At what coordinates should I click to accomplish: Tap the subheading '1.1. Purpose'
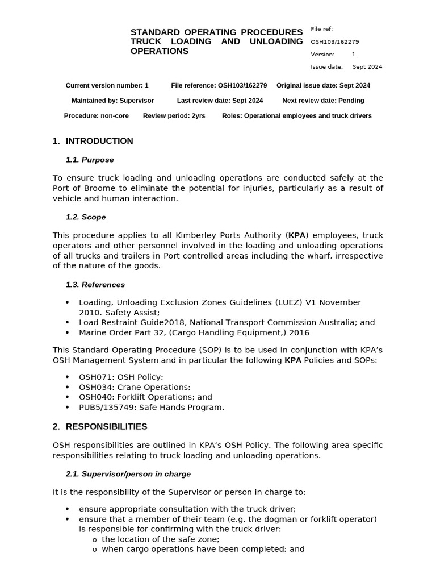pyautogui.click(x=90, y=160)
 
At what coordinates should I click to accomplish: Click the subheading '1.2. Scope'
pyautogui.click(x=86, y=217)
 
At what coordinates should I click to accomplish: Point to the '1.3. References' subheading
pyautogui.click(x=95, y=284)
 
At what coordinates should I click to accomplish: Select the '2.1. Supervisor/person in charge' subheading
pyautogui.click(x=128, y=474)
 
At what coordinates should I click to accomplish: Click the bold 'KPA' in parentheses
pyautogui.click(x=297, y=235)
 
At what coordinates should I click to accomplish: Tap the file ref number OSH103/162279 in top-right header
pyautogui.click(x=334, y=42)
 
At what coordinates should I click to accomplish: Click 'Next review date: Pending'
pyautogui.click(x=323, y=101)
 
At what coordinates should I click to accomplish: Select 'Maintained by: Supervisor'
pyautogui.click(x=112, y=101)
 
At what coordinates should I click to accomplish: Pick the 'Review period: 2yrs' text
pyautogui.click(x=174, y=116)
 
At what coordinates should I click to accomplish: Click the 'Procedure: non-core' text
pyautogui.click(x=96, y=116)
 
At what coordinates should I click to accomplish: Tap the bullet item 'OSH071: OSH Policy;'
pyautogui.click(x=121, y=377)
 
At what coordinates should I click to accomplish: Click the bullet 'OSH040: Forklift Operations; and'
pyautogui.click(x=145, y=397)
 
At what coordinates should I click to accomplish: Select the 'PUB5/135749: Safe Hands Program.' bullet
pyautogui.click(x=152, y=408)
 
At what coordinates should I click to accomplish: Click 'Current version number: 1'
pyautogui.click(x=107, y=86)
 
